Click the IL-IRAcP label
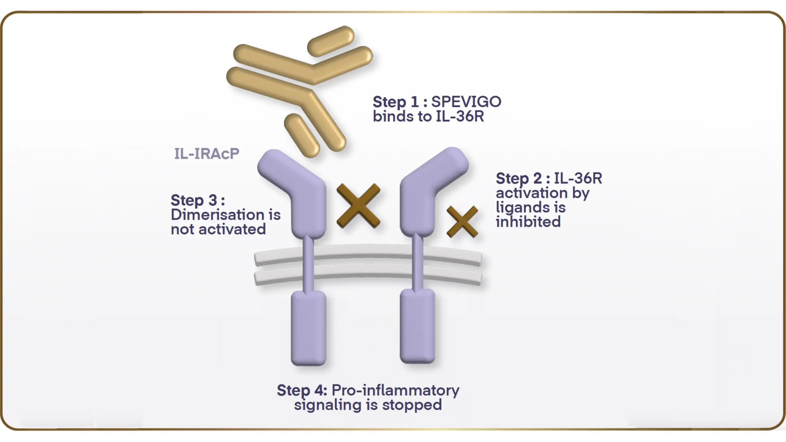(x=206, y=153)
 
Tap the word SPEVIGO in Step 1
(x=466, y=102)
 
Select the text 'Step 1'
(x=395, y=102)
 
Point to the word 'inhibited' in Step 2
(x=528, y=222)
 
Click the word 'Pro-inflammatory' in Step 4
(x=395, y=390)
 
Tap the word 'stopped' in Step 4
(x=412, y=405)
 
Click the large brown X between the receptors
(x=358, y=206)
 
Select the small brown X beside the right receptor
(x=462, y=221)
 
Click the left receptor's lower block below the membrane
(x=308, y=328)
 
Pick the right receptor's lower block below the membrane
(x=417, y=326)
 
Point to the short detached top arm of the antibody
(x=331, y=41)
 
